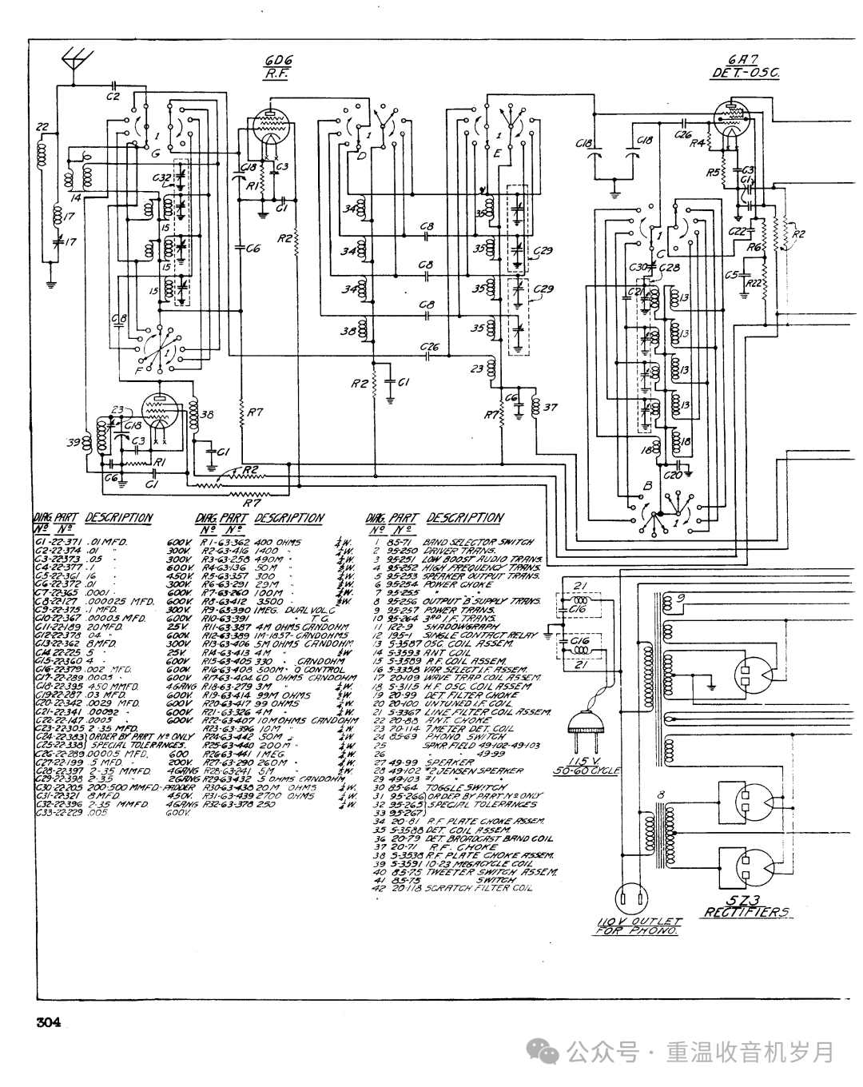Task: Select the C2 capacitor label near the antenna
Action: pos(113,96)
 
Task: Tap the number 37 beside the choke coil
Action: pos(550,408)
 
